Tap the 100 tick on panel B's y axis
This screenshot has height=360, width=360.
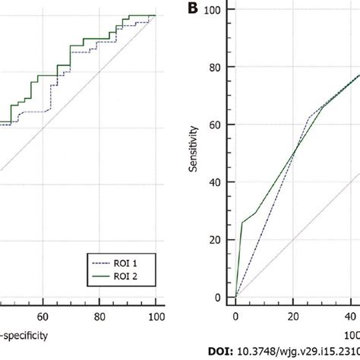pyautogui.click(x=219, y=9)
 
